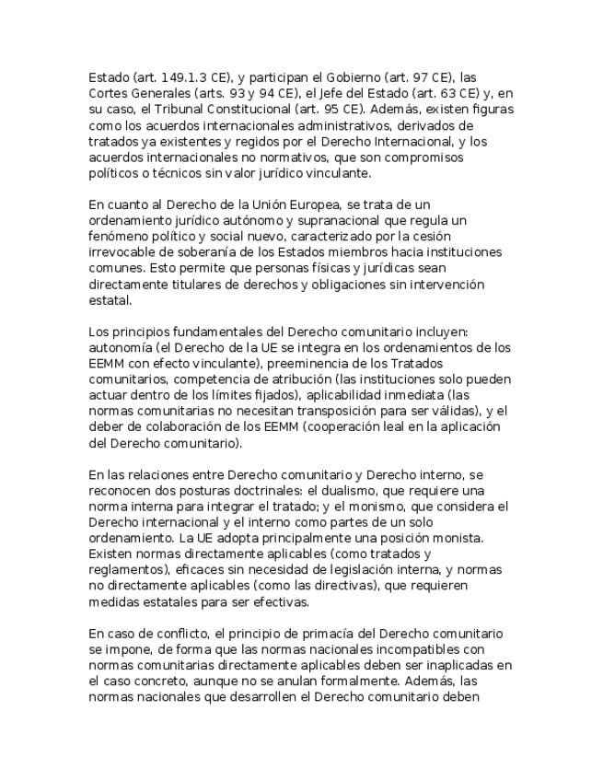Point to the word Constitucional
point(242,109)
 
